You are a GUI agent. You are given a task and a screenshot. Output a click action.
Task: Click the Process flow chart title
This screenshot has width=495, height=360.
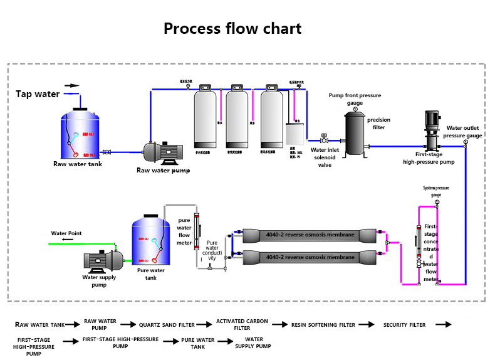[232, 29]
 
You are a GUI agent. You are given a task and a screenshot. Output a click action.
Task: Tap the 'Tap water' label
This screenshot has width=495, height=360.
[38, 95]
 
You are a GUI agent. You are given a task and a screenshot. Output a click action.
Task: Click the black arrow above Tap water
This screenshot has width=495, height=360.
[72, 85]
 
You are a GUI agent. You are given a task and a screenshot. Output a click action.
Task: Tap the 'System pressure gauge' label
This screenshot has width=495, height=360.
[436, 191]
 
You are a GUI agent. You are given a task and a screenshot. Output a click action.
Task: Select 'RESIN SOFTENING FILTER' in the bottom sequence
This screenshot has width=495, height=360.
[323, 325]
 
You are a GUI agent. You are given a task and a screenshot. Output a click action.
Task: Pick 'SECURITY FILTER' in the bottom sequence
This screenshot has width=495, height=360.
[404, 325]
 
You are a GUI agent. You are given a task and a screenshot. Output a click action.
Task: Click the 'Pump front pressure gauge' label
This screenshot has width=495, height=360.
[355, 99]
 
